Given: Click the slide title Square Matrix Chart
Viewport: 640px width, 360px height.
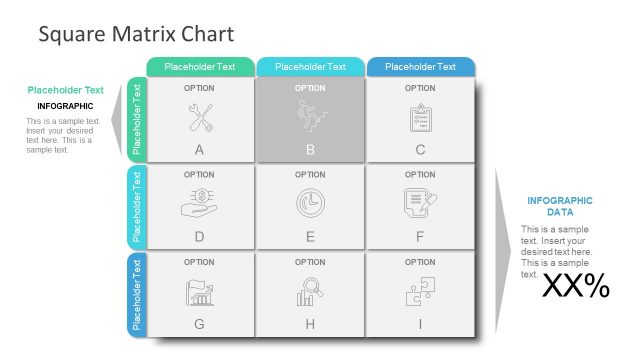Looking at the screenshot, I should click(x=136, y=34).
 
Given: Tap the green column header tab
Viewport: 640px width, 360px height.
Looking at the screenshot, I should click(x=200, y=67).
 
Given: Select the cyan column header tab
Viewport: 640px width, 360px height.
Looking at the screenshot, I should click(x=310, y=67).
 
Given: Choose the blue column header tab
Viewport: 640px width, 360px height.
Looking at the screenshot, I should click(x=420, y=67).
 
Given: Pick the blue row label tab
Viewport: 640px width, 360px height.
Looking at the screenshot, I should click(x=137, y=296).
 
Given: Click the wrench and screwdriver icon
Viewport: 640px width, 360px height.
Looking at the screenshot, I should click(x=199, y=118).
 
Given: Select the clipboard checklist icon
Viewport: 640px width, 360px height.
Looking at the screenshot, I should click(x=420, y=118).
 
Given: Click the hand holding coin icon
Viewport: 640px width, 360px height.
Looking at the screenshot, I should click(x=199, y=203).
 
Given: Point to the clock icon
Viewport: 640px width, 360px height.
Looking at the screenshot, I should click(x=310, y=203).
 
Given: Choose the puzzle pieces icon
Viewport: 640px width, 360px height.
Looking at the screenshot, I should click(x=420, y=291).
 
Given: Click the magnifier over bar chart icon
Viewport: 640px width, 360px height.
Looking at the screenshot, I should click(x=310, y=291).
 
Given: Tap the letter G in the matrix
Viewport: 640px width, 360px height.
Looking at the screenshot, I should click(x=199, y=324).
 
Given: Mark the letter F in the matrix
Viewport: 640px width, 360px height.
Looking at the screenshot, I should click(x=420, y=237).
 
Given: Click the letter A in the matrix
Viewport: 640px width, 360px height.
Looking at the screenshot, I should click(x=199, y=150).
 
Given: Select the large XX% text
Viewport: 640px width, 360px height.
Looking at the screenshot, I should click(x=576, y=287).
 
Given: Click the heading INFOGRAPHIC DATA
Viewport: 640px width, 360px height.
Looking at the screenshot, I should click(x=559, y=206).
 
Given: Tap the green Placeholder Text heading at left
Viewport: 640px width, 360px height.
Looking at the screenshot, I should click(x=65, y=90).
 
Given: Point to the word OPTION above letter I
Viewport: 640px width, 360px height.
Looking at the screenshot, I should click(x=420, y=262).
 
